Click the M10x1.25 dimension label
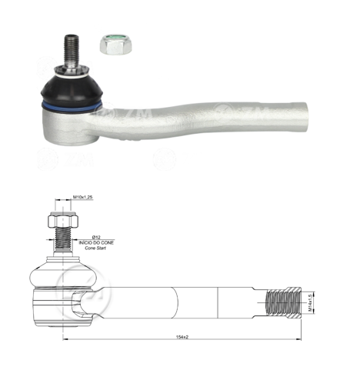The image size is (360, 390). point(83,198)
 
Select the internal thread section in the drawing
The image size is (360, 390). point(282,299)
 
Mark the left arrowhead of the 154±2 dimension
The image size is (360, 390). point(65,339)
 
